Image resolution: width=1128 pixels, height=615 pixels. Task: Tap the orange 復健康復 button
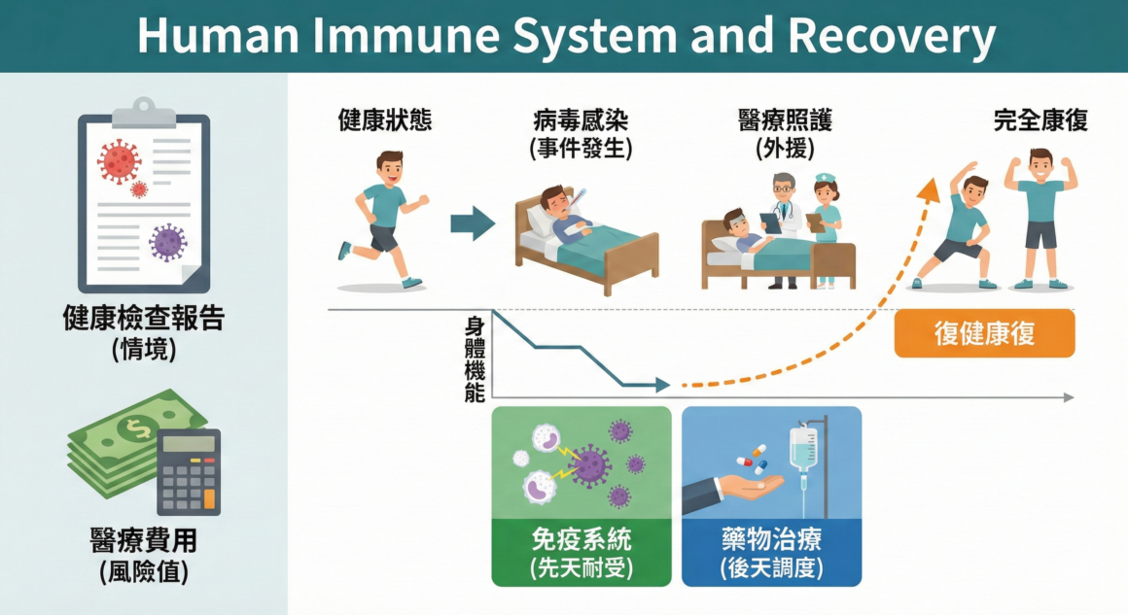984,333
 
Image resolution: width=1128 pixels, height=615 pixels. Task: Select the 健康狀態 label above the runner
385,121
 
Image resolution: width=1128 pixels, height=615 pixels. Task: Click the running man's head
390,168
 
